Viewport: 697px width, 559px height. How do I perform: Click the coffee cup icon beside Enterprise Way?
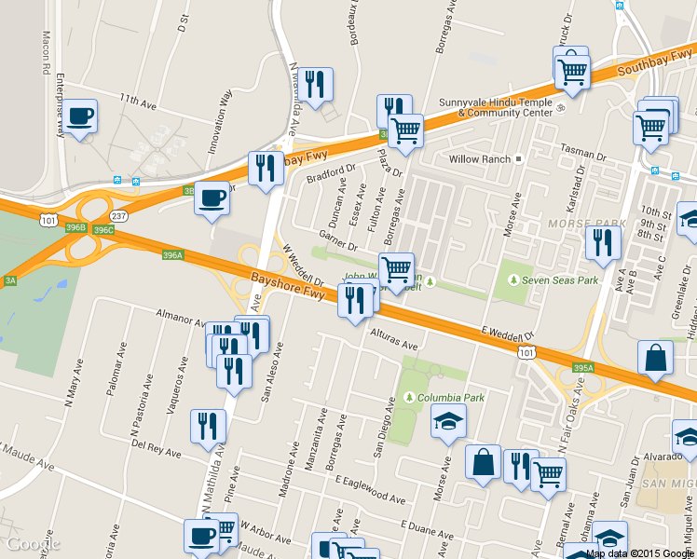pos(81,116)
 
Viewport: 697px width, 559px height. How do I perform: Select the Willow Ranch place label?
pos(479,159)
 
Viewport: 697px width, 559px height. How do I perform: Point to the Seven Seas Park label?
pos(561,279)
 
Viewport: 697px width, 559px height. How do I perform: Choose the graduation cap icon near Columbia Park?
pos(448,421)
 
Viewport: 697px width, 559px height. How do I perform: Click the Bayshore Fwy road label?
pos(287,285)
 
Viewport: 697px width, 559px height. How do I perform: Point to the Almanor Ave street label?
pos(181,317)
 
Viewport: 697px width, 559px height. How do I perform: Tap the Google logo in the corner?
pos(34,544)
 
